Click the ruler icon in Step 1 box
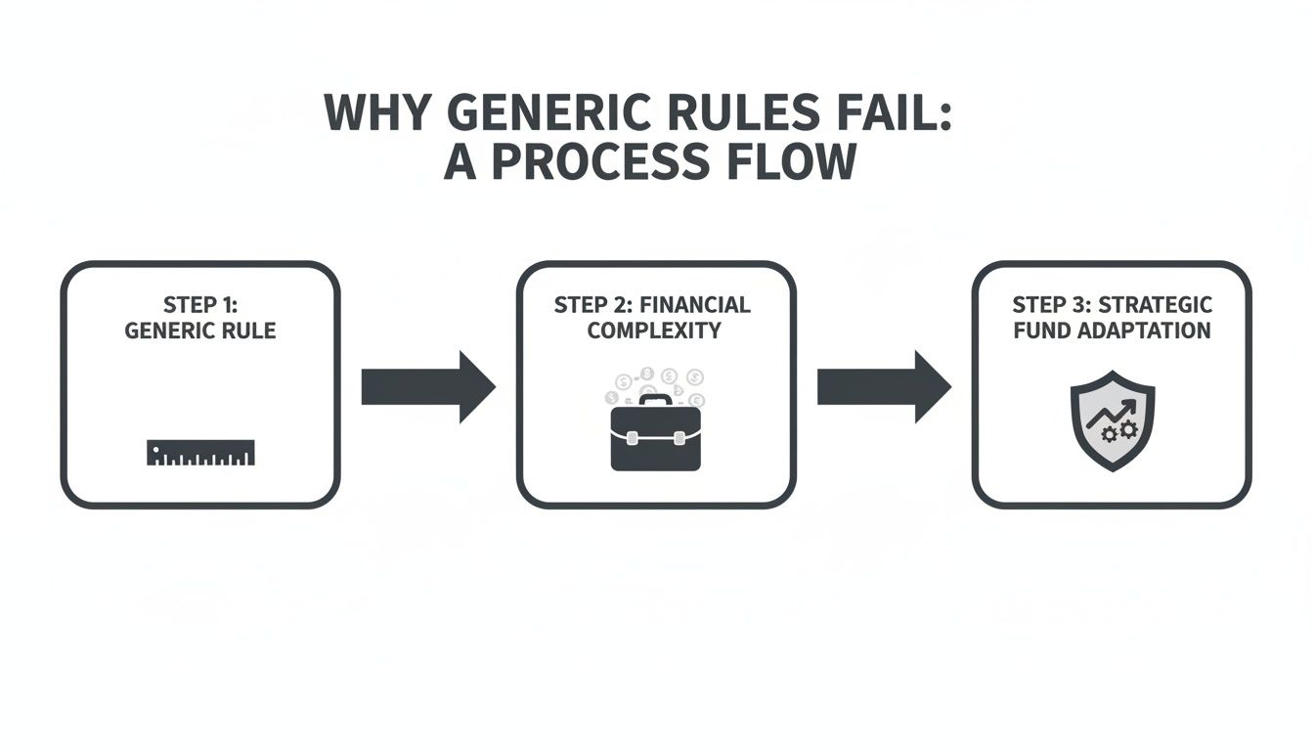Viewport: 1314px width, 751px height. click(x=200, y=453)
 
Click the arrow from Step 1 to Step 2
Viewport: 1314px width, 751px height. click(x=427, y=387)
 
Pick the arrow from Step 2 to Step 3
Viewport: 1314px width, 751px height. click(x=883, y=387)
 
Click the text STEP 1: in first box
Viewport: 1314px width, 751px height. click(x=200, y=305)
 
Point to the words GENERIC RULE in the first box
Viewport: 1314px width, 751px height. click(x=200, y=331)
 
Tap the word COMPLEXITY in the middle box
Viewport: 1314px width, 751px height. click(x=654, y=331)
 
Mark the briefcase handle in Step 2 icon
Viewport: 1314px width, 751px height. click(x=655, y=400)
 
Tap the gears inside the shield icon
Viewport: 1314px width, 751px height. click(x=1119, y=430)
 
